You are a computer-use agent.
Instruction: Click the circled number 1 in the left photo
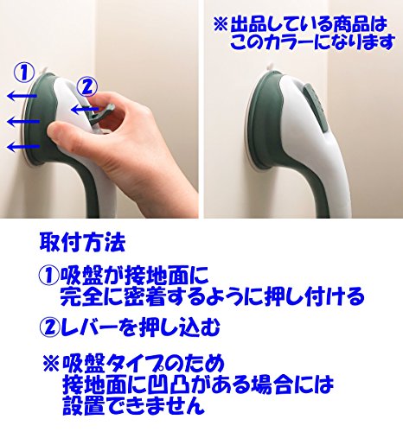24,73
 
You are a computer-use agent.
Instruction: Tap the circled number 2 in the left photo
87,87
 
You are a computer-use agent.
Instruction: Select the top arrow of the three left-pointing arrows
22,95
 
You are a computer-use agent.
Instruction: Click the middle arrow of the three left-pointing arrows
23,122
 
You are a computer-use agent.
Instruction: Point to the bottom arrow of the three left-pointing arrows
23,147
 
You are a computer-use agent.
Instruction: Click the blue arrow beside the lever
85,110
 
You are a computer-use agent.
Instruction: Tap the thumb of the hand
67,133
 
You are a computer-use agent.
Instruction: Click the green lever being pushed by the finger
101,114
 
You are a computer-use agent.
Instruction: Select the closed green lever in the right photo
315,109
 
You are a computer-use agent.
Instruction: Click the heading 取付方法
82,243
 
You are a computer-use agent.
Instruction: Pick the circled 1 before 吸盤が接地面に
49,276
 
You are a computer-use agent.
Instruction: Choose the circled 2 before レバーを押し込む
49,327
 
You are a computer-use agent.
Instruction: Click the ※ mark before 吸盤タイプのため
51,364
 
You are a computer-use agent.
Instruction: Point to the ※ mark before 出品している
221,24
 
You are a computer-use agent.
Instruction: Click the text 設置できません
133,405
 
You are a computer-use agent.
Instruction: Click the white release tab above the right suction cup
269,68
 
